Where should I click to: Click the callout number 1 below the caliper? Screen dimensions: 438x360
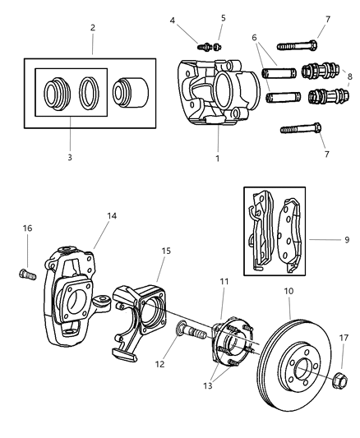pyautogui.click(x=217, y=158)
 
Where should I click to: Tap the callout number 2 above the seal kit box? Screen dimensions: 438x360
pyautogui.click(x=93, y=27)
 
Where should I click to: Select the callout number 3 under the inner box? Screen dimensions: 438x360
pyautogui.click(x=70, y=156)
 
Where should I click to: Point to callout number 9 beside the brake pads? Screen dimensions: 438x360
pyautogui.click(x=347, y=240)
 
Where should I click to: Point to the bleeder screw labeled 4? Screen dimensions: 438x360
pyautogui.click(x=204, y=45)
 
